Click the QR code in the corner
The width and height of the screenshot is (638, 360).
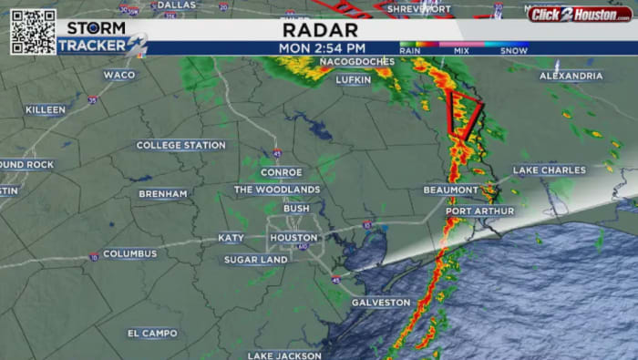(x=33, y=32)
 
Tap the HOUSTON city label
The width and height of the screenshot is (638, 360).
(x=293, y=238)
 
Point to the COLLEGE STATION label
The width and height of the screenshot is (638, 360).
(x=180, y=145)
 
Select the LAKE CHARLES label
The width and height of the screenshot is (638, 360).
(x=550, y=170)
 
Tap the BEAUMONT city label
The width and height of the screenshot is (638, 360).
(x=450, y=190)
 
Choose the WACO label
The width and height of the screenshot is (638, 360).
(x=118, y=75)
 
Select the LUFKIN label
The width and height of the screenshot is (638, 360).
(x=354, y=79)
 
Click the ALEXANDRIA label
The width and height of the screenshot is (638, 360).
(x=571, y=76)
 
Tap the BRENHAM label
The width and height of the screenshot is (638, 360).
(x=163, y=194)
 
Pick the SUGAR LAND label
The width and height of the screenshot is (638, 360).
(x=256, y=260)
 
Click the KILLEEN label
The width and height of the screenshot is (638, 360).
(x=46, y=109)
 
